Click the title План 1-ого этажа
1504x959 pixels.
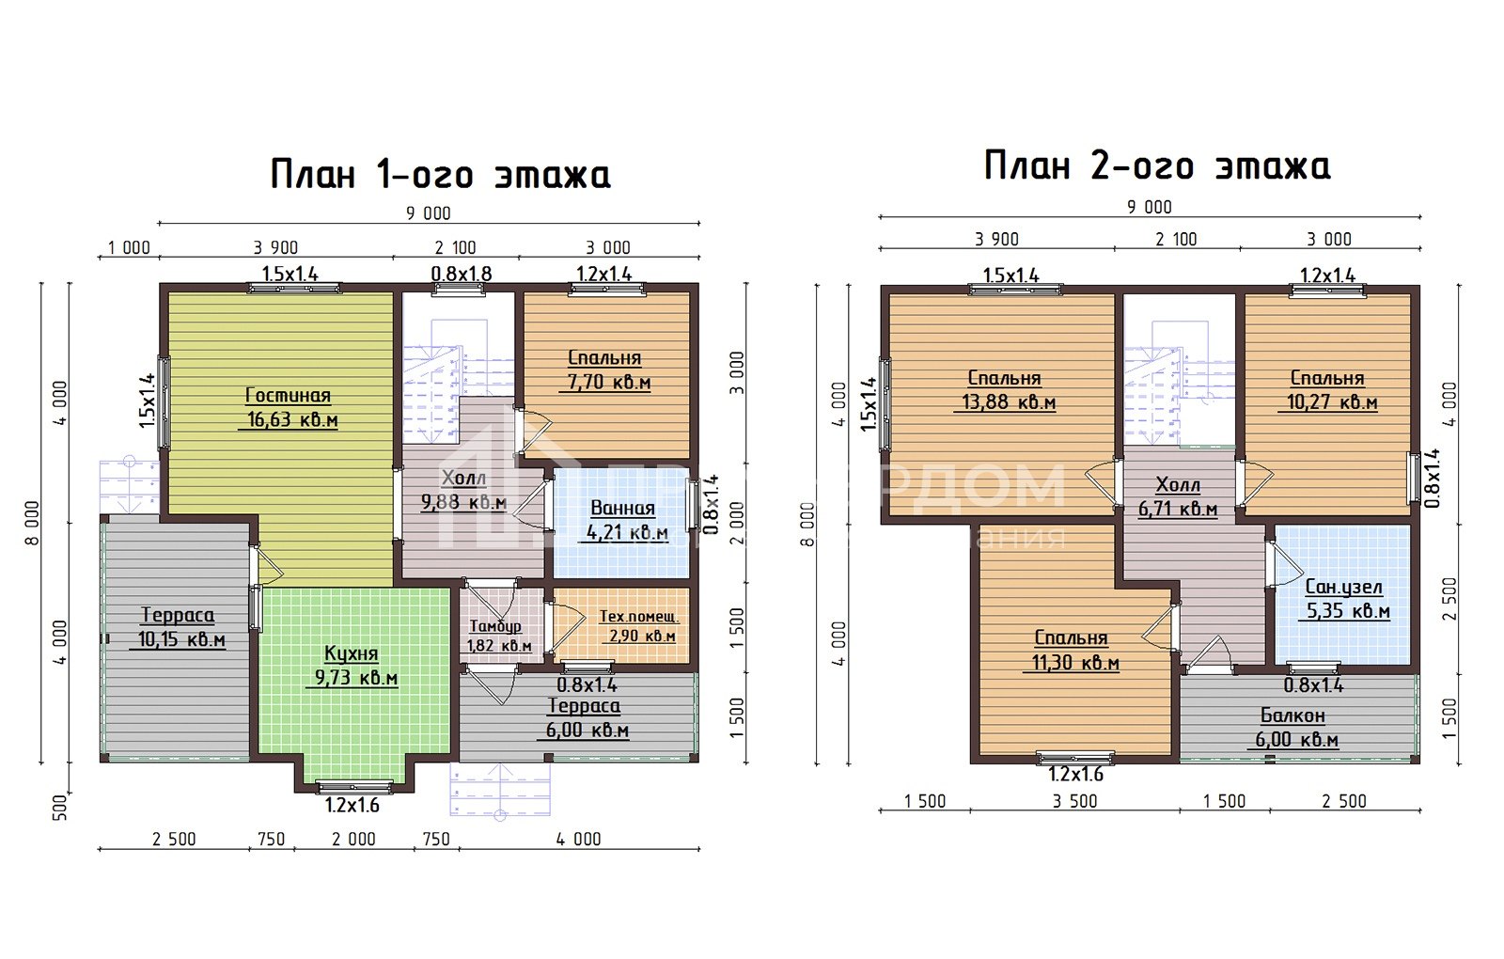tap(440, 175)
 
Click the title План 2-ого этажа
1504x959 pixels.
tap(1156, 166)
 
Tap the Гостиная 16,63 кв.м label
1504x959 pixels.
tap(288, 408)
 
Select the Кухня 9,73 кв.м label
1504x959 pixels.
tap(351, 666)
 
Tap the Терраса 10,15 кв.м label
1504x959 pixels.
tap(177, 628)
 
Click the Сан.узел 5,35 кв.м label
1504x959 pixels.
tap(1345, 599)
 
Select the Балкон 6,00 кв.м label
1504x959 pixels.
tap(1295, 728)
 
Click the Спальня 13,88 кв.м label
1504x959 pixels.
tap(1005, 390)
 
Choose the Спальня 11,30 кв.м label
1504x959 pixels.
tap(1072, 651)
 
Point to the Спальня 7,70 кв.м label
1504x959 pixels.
tap(605, 370)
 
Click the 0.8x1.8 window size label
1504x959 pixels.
tap(461, 275)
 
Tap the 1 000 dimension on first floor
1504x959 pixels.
tap(129, 248)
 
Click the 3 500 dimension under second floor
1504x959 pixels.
tap(1074, 801)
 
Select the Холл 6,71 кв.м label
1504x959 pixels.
tap(1178, 497)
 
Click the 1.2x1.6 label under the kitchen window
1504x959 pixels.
tap(352, 806)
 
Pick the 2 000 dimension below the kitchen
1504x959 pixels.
tap(353, 840)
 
